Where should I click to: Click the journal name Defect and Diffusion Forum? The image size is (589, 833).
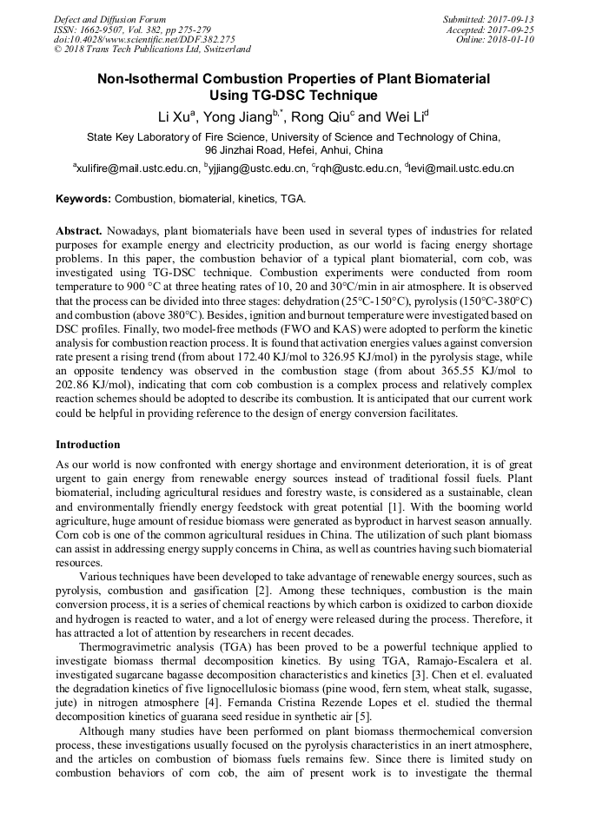109,19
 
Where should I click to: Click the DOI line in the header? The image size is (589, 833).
144,39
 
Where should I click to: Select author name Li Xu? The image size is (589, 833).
174,117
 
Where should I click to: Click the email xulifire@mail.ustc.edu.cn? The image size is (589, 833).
138,169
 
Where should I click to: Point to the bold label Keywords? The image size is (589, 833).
83,199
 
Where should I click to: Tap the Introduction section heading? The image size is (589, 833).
88,445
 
